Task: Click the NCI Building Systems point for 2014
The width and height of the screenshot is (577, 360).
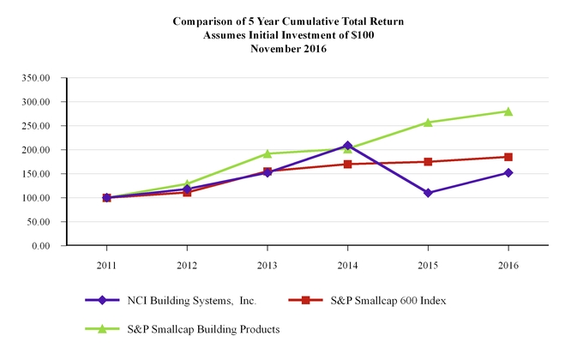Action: (347, 146)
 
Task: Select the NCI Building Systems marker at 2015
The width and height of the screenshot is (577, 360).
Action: (428, 193)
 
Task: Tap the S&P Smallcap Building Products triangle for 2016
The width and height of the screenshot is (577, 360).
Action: (508, 111)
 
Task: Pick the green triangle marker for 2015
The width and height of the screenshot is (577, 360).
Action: (428, 123)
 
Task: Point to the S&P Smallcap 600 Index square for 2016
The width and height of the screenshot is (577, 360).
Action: (508, 157)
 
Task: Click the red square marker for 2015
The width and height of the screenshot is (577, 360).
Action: (428, 161)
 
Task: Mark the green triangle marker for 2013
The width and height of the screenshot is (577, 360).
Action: (267, 153)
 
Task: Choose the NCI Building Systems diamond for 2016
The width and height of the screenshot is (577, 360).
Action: (508, 172)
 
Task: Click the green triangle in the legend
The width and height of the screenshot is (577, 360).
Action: (102, 328)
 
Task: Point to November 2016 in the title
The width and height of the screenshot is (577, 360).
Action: (288, 49)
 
